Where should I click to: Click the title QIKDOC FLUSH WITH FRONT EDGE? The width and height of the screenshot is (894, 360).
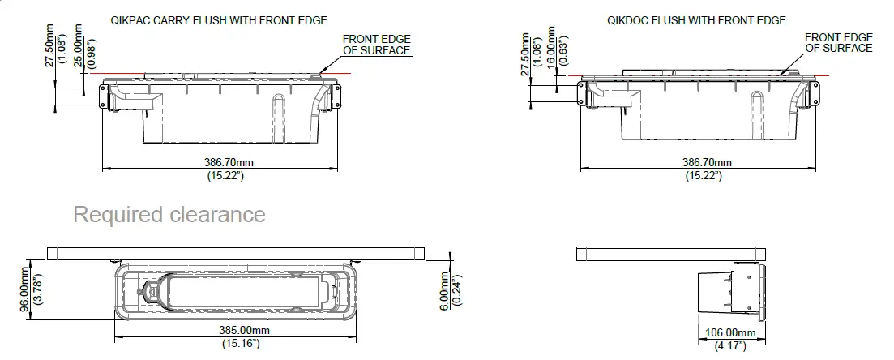point(695,20)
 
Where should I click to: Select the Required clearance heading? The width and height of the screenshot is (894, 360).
point(169,215)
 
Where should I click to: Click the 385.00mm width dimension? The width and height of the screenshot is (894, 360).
point(241,331)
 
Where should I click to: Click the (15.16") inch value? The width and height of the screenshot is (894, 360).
point(241,344)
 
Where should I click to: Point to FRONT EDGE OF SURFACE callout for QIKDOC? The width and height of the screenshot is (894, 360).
point(839,43)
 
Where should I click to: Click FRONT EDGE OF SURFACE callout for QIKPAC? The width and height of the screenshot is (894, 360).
point(376,45)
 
